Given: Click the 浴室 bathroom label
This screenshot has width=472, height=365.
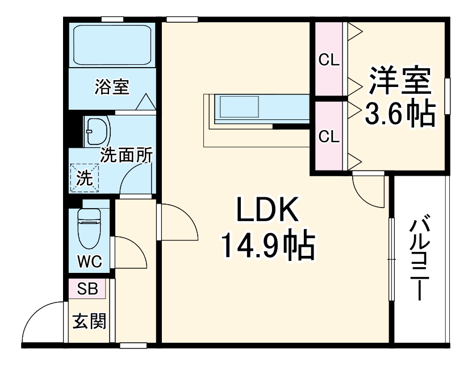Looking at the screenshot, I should pyautogui.click(x=112, y=87).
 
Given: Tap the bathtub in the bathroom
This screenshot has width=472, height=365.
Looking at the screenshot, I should pyautogui.click(x=111, y=45).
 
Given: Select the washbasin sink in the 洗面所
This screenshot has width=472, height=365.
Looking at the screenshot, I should pyautogui.click(x=97, y=132).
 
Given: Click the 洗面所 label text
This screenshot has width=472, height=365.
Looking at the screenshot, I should pyautogui.click(x=126, y=155).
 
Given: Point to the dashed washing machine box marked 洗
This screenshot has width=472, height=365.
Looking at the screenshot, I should pyautogui.click(x=84, y=178).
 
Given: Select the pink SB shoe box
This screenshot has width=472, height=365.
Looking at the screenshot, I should pyautogui.click(x=87, y=289).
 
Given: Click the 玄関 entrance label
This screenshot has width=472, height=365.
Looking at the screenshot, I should pyautogui.click(x=89, y=321).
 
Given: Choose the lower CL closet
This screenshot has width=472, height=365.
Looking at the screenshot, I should pyautogui.click(x=328, y=136).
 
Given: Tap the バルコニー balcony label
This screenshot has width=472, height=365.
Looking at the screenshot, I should pyautogui.click(x=420, y=259).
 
